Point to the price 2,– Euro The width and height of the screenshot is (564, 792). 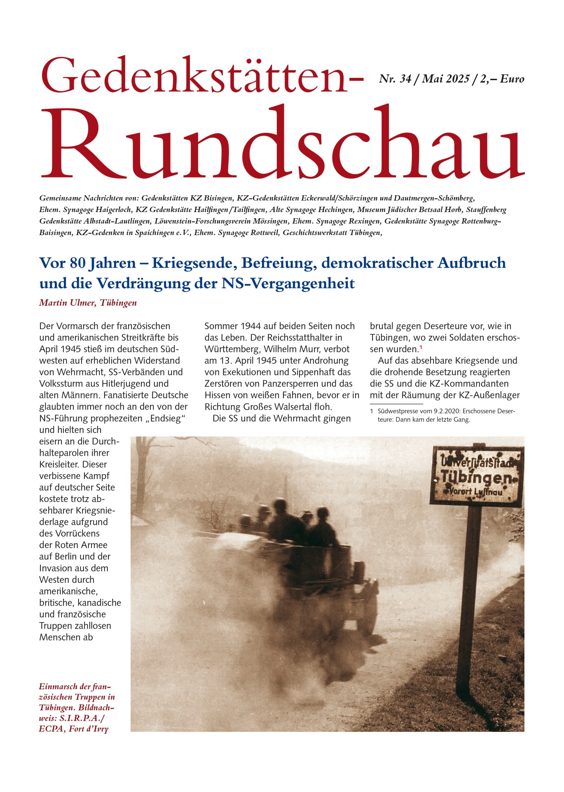tap(502, 79)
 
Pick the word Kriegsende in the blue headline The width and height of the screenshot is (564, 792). tap(195, 263)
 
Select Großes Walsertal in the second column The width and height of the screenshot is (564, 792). tap(287, 407)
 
